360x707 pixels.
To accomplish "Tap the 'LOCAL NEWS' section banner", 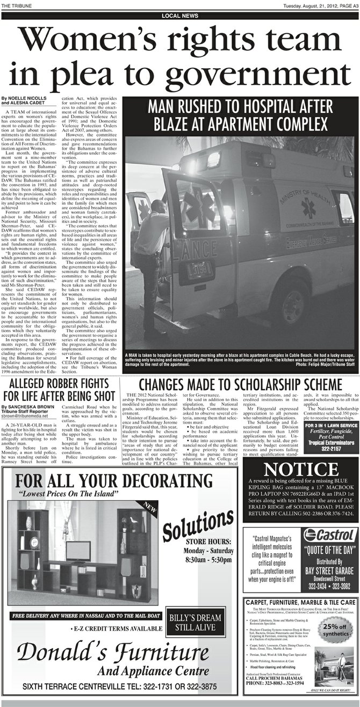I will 180,16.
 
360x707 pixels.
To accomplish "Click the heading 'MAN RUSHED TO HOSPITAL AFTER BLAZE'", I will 240,114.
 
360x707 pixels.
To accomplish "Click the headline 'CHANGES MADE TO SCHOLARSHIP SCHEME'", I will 240,385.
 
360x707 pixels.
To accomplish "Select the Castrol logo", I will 329,535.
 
